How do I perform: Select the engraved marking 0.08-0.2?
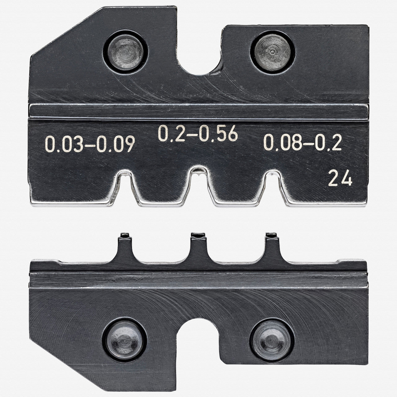(302, 143)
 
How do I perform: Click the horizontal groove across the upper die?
(198, 112)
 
